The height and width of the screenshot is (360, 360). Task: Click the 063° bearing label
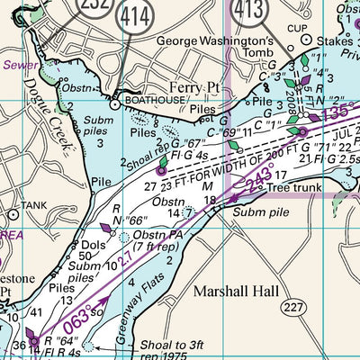77,320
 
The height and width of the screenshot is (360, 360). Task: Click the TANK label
33,205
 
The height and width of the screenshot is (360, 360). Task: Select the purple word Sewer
17,65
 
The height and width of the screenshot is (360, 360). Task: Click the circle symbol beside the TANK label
11,215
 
